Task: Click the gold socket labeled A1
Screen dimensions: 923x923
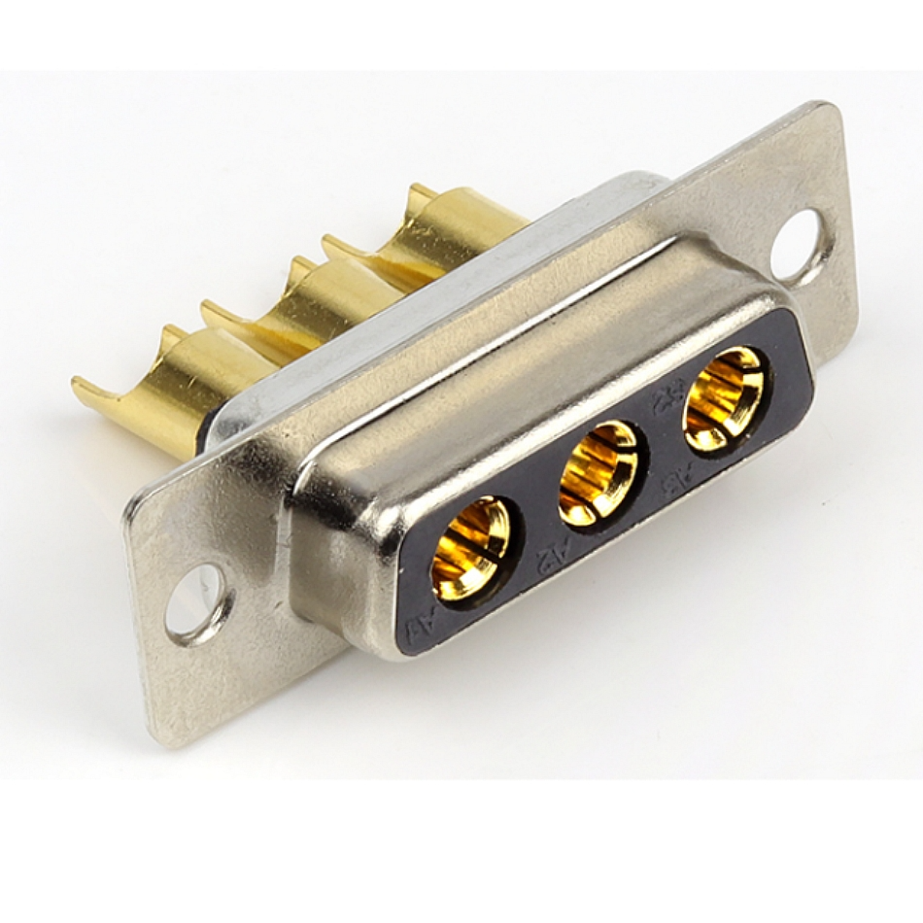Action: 470,548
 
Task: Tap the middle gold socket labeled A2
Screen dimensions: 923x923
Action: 598,473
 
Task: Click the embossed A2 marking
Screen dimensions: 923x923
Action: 550,556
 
